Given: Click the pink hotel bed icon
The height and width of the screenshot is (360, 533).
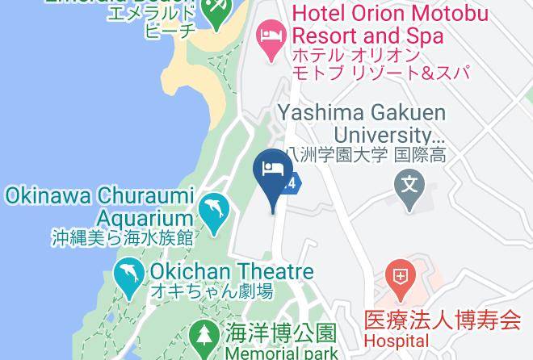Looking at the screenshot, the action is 270,34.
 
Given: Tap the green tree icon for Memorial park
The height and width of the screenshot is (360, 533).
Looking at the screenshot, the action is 201,335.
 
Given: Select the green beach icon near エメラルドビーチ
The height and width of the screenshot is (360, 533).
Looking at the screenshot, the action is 215,10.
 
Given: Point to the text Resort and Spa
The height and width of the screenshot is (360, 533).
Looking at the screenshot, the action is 367,36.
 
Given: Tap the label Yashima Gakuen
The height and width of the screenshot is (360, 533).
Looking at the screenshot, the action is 359,112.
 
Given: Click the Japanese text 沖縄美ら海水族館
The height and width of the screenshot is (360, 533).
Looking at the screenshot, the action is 124,237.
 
